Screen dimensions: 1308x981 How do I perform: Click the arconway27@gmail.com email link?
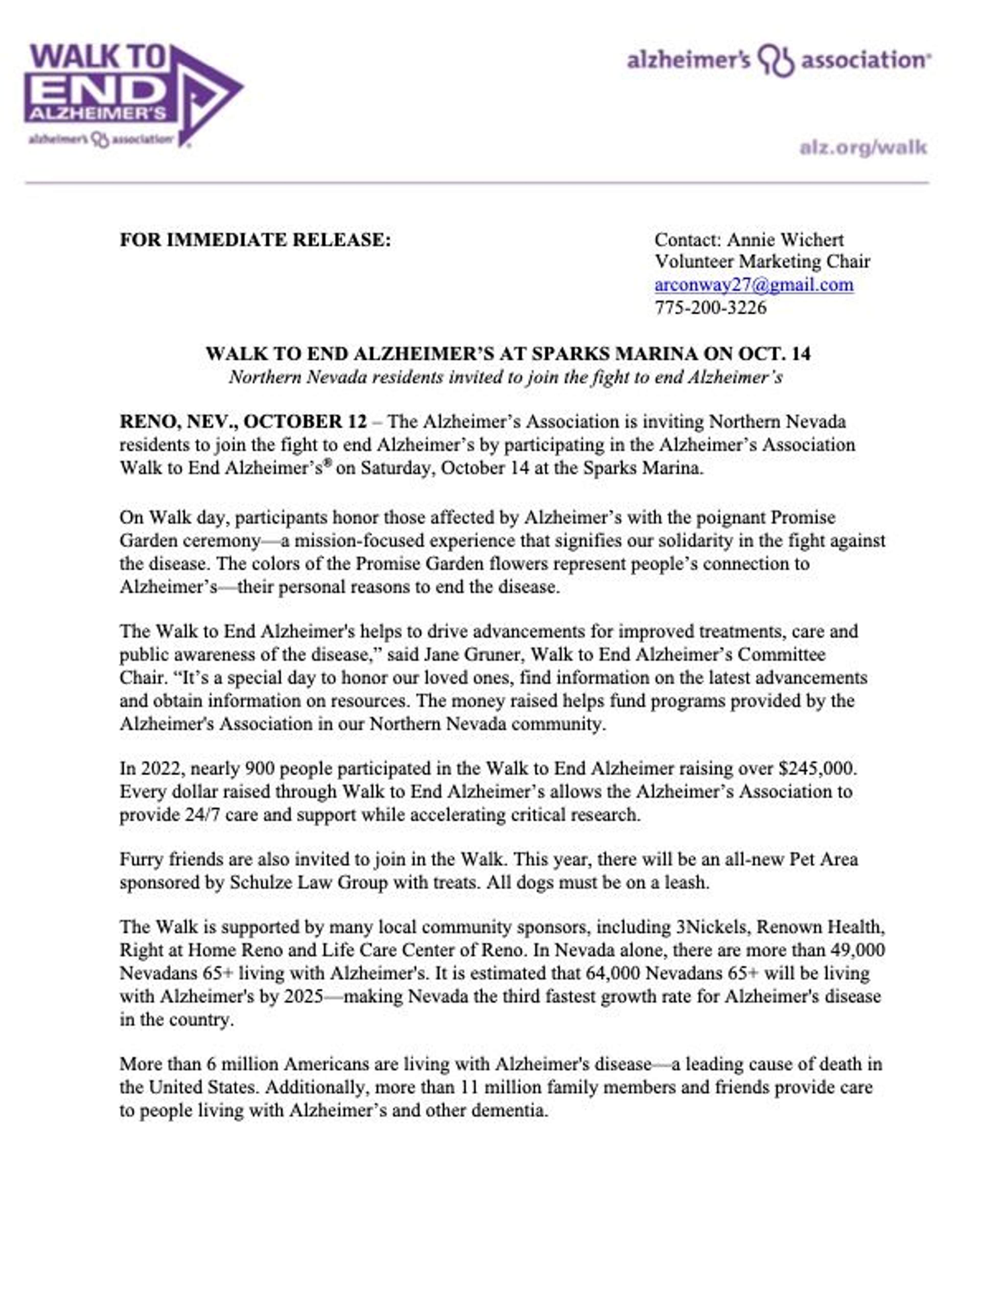point(753,284)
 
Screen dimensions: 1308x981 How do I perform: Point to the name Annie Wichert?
point(785,239)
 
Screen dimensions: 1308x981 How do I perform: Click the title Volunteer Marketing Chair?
point(762,261)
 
